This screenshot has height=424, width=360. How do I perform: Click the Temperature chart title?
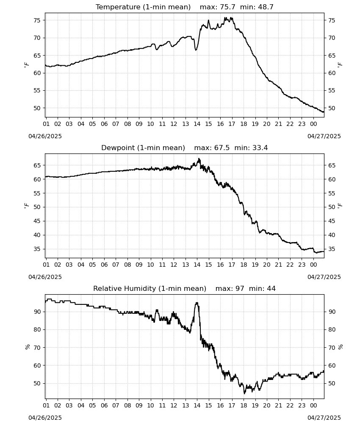[x=185, y=7]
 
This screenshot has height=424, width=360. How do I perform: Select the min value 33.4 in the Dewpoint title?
[x=260, y=148]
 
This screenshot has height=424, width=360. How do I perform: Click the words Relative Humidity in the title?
[x=125, y=288]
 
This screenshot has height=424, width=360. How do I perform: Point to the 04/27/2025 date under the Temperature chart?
[x=324, y=136]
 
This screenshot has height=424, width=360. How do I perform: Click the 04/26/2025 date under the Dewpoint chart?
[x=45, y=277]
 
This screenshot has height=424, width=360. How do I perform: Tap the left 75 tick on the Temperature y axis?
[x=37, y=20]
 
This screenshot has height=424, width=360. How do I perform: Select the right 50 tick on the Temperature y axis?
[x=332, y=108]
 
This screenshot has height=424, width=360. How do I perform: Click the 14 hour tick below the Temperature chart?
[x=197, y=124]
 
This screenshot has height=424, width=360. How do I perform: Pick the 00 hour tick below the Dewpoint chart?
[x=313, y=265]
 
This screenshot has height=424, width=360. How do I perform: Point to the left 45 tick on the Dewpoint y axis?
[x=37, y=221]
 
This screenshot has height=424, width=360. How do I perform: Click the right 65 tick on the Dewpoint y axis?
[x=332, y=165]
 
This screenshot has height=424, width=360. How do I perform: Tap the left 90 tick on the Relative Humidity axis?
[x=37, y=312]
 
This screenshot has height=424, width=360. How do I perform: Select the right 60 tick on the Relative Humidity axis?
[x=332, y=365]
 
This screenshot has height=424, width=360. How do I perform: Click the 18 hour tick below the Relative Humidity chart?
[x=244, y=405]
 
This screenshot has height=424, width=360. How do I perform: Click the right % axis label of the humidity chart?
[x=340, y=347]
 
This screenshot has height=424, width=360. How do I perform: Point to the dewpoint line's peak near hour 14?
[x=199, y=159]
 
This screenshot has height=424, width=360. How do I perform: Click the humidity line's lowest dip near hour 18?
[x=244, y=393]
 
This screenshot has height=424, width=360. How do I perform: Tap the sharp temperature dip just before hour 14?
[x=196, y=50]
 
